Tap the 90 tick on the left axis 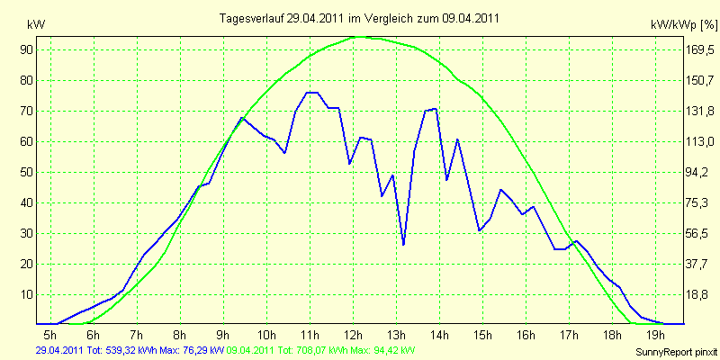pos(22,49)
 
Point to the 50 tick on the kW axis pos(22,172)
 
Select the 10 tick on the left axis pos(22,295)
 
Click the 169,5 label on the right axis pos(699,49)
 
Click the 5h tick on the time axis pos(50,333)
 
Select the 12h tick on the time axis pos(353,333)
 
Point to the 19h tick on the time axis pos(656,333)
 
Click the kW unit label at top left pos(36,25)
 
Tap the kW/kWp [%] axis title pos(684,25)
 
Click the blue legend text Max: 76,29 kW pos(190,350)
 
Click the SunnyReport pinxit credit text pos(676,352)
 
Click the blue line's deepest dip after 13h pos(403,244)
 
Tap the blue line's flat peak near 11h pos(312,93)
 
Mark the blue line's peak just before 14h pos(435,109)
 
